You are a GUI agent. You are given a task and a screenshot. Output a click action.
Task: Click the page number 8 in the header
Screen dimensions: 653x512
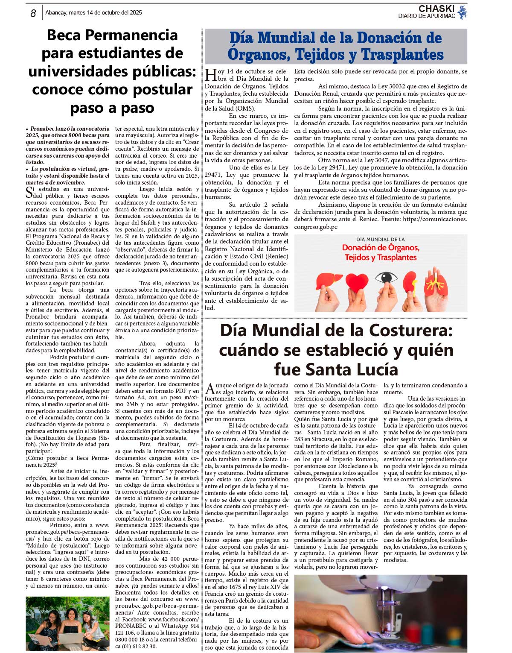(x=33, y=13)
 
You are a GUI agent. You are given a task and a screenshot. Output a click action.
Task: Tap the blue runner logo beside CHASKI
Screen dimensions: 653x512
(x=462, y=12)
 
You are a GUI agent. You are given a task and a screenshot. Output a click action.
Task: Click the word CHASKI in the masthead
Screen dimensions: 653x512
(x=436, y=9)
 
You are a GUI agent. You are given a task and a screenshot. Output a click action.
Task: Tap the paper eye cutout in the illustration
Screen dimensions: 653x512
(x=386, y=278)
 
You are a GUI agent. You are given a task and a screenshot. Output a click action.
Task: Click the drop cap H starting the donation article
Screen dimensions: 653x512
(x=211, y=75)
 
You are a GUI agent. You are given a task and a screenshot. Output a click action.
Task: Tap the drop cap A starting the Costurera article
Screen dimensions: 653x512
(x=210, y=389)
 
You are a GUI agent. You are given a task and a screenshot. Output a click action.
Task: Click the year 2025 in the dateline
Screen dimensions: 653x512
(x=134, y=13)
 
